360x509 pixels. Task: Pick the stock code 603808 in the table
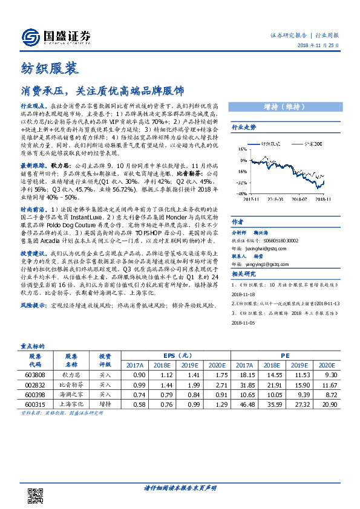(x=34, y=375)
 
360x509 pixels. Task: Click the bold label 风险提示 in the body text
(x=33, y=305)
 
